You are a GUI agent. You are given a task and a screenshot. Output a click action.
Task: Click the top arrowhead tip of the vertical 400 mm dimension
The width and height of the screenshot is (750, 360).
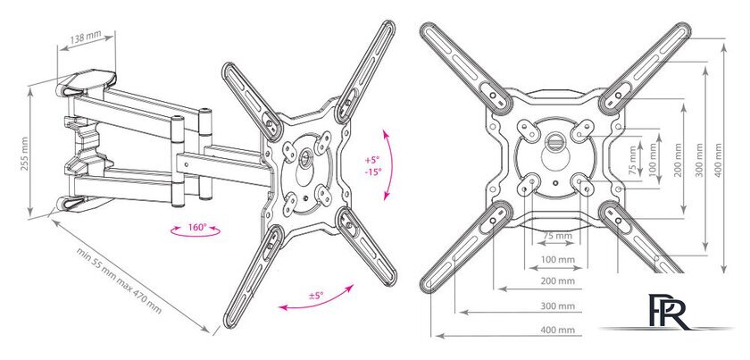pos(724,44)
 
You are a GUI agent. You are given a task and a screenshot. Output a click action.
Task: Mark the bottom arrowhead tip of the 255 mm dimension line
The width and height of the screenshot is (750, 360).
pos(30,216)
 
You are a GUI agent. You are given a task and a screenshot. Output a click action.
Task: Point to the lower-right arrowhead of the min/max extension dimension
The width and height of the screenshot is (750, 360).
pos(210,331)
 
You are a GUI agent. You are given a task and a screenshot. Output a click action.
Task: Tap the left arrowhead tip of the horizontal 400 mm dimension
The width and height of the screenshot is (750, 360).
pos(436,336)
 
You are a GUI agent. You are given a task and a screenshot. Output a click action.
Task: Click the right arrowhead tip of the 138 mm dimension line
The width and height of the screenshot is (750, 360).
pos(115,35)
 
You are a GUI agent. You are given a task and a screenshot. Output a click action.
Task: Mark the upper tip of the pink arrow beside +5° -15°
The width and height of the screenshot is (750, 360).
pos(384,129)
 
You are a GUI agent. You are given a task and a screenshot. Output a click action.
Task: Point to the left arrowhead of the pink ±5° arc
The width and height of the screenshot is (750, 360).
pos(279,307)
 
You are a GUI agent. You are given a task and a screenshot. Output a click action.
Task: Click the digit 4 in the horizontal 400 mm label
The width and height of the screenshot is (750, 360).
pos(544,330)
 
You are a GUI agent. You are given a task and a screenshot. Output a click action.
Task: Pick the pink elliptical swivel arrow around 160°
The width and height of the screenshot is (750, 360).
pos(196,230)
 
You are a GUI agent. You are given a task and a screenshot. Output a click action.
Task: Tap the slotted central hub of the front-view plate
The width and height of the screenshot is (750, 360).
pos(554,141)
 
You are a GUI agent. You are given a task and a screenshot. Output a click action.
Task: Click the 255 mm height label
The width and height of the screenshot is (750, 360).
pos(25,154)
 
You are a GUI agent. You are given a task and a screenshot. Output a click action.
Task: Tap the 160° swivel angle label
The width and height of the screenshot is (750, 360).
pos(196,228)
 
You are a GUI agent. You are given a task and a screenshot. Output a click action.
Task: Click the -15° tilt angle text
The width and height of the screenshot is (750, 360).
pos(371,172)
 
